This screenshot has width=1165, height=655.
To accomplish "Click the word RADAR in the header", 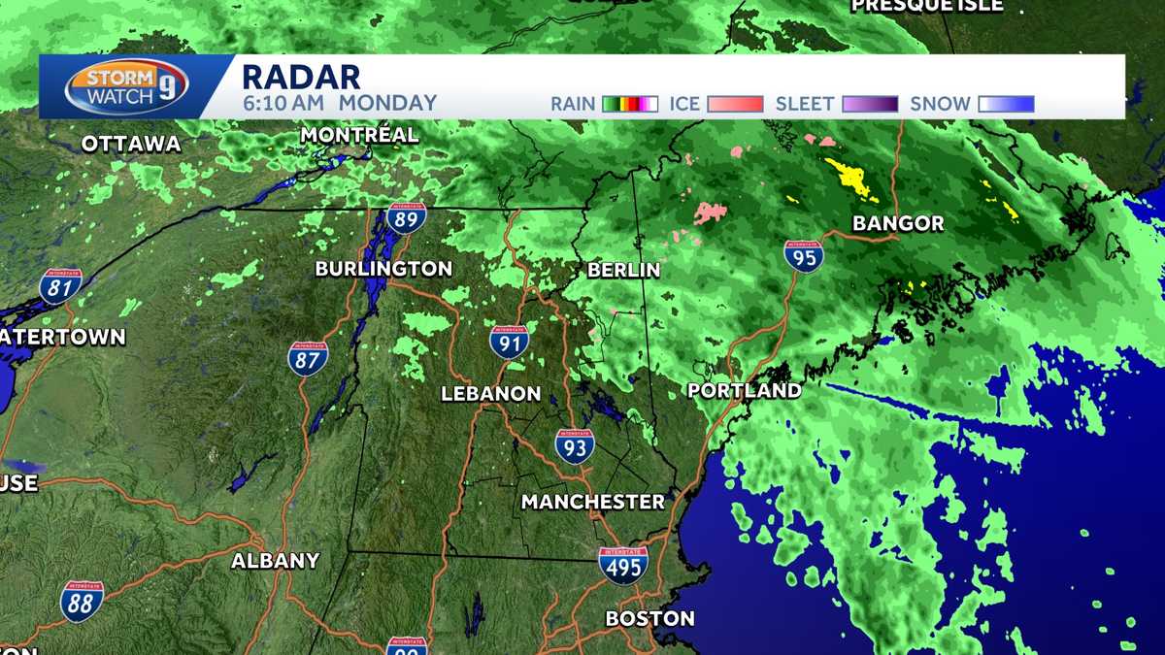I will pos(300,77).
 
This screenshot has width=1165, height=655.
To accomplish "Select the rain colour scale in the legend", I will pos(630,104).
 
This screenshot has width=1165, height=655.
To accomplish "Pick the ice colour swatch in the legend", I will pos(735,104).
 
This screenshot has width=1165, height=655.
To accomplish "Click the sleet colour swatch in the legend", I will pos(871,104).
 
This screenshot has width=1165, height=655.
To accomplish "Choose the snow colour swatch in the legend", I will pos(1006,104).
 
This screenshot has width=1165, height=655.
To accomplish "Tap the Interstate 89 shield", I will pos(406,217).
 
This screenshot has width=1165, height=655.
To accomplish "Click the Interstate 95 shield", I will pos(804,256).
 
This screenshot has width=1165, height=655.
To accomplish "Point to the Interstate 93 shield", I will pos(575,445).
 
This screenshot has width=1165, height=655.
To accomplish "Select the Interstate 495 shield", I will pos(622,565).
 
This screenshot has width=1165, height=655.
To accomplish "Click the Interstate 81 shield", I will pos(60,286).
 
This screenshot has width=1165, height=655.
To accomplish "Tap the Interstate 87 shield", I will pos(308,358).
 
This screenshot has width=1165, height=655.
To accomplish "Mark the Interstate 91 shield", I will pos(509,342).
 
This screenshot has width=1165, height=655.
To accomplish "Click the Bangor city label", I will pos(898,224).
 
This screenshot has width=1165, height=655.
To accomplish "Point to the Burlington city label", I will pos(383,269).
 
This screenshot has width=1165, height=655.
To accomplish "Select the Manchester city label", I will pos(592,502).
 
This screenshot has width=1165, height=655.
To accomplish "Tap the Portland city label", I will pos(745,391).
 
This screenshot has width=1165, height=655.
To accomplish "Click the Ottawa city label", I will pos(131,145).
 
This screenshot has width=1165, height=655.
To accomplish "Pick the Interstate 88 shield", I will pos(82,602).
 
